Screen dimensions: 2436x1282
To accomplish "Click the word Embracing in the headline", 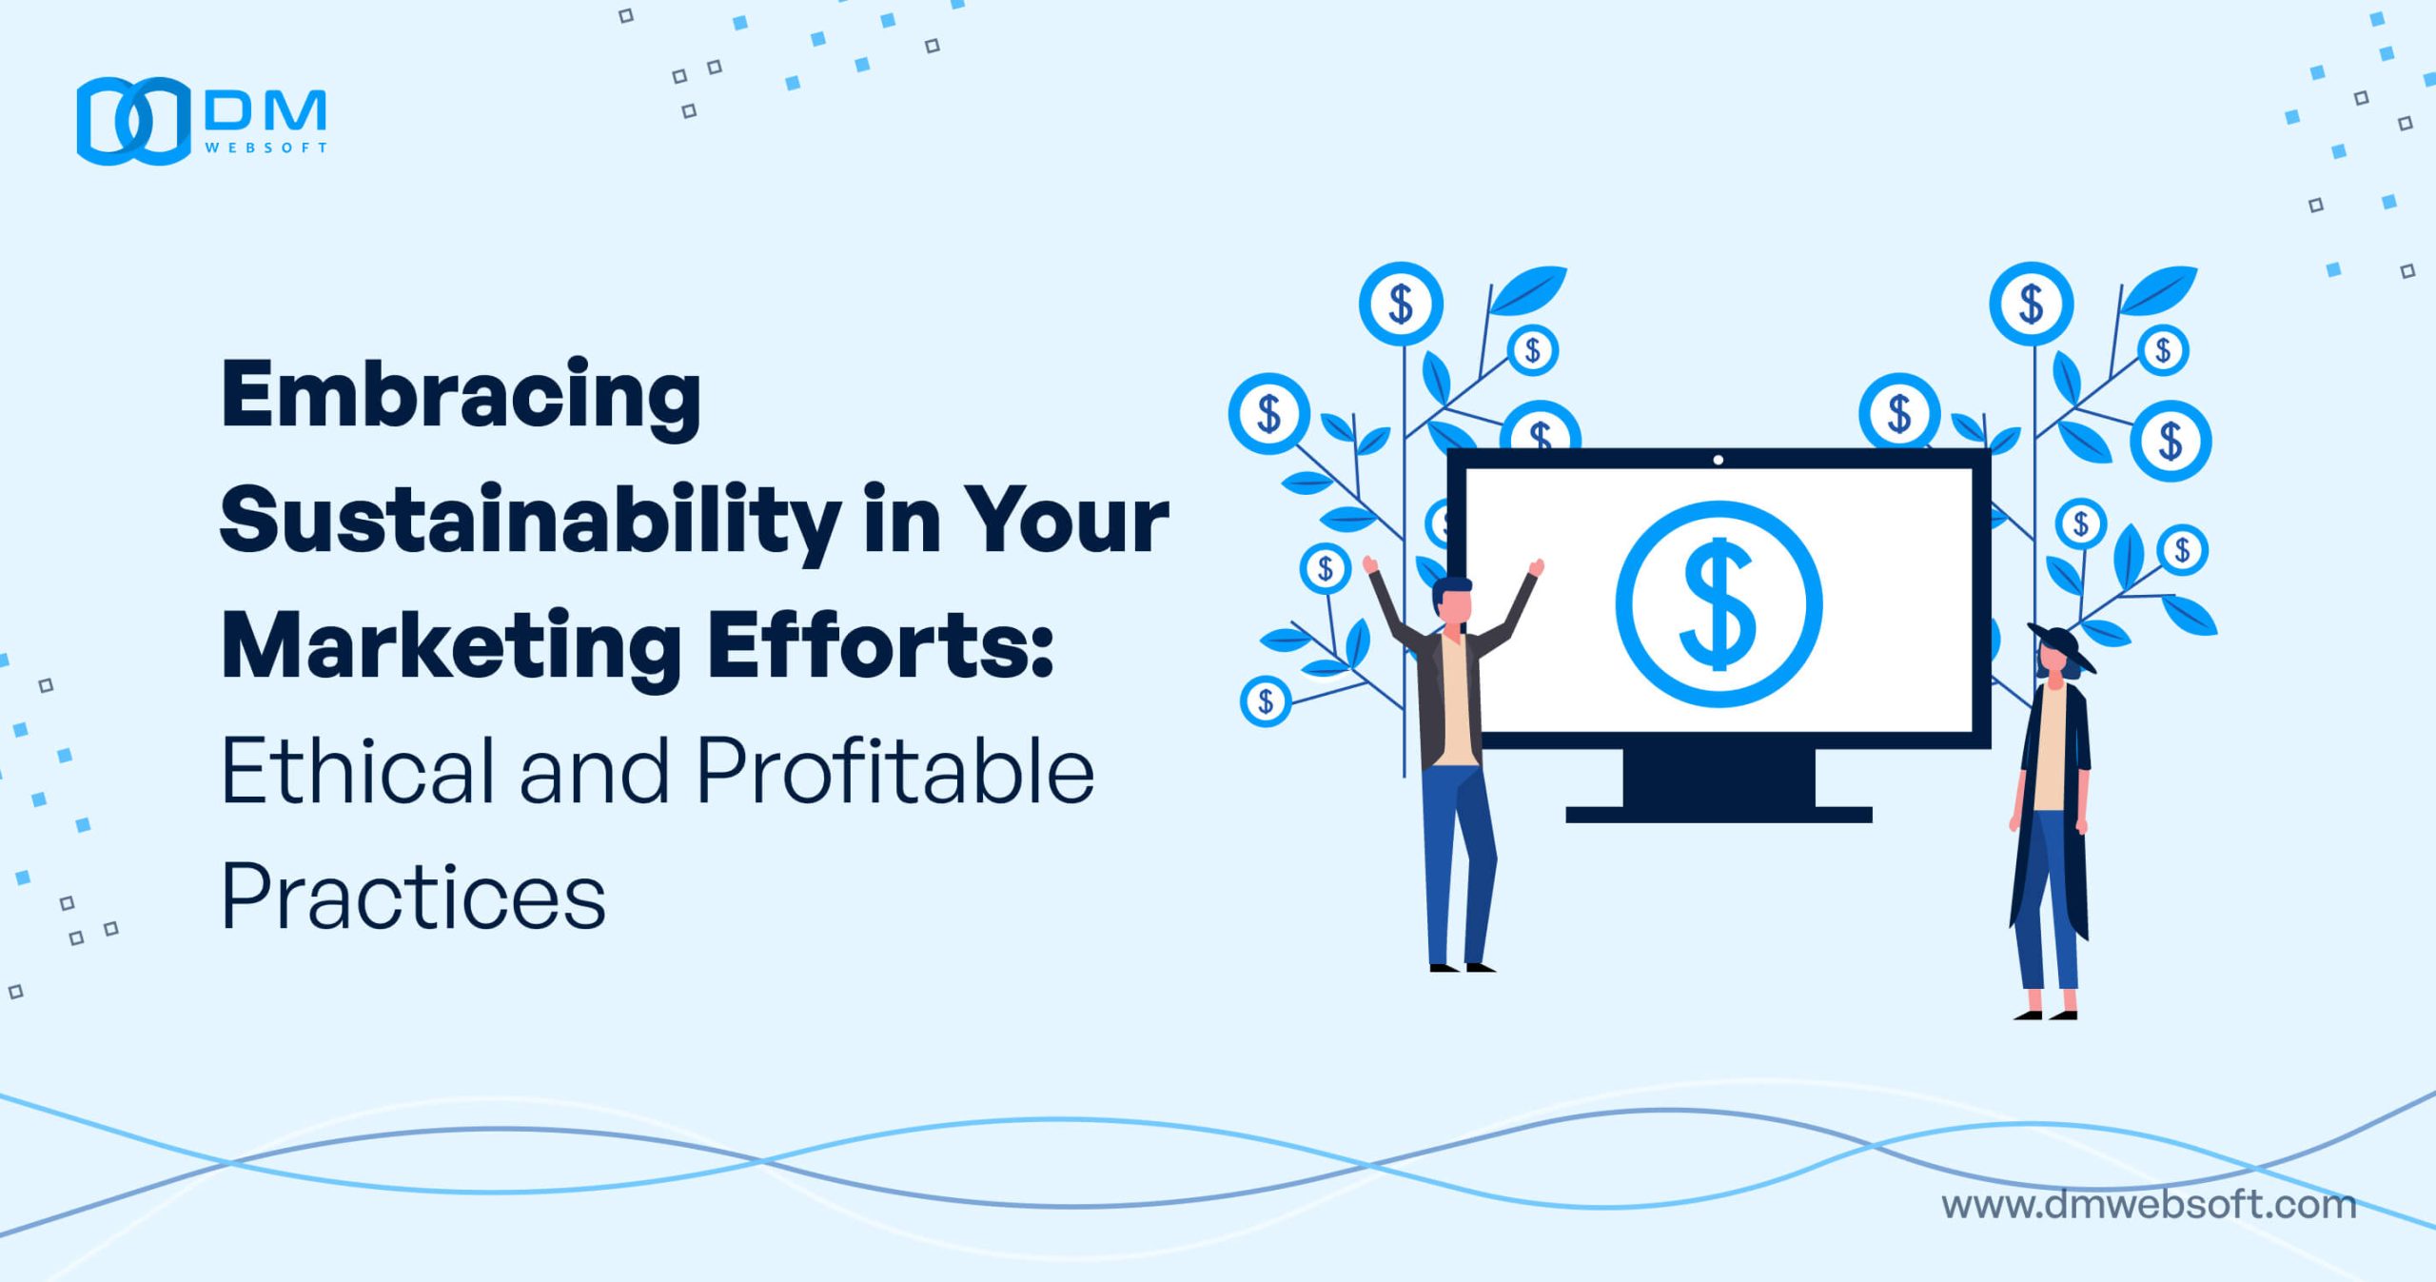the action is coord(461,398).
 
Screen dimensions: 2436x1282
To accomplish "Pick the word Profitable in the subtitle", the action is coord(895,770).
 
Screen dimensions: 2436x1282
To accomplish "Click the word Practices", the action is coord(413,896).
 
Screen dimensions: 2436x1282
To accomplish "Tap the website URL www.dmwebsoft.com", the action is coord(2149,1205).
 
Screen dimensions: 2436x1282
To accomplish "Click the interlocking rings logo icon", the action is coord(134,121).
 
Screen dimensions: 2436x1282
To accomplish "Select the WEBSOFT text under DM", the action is coord(266,148).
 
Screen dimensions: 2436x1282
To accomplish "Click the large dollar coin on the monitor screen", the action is coord(1719,604).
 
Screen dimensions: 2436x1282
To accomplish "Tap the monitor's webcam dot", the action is coord(1718,460).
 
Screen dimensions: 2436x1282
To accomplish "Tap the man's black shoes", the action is coord(1463,967).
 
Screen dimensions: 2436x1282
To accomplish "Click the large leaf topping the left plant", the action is coord(1528,289).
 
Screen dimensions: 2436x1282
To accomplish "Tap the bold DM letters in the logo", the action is coord(265,110).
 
